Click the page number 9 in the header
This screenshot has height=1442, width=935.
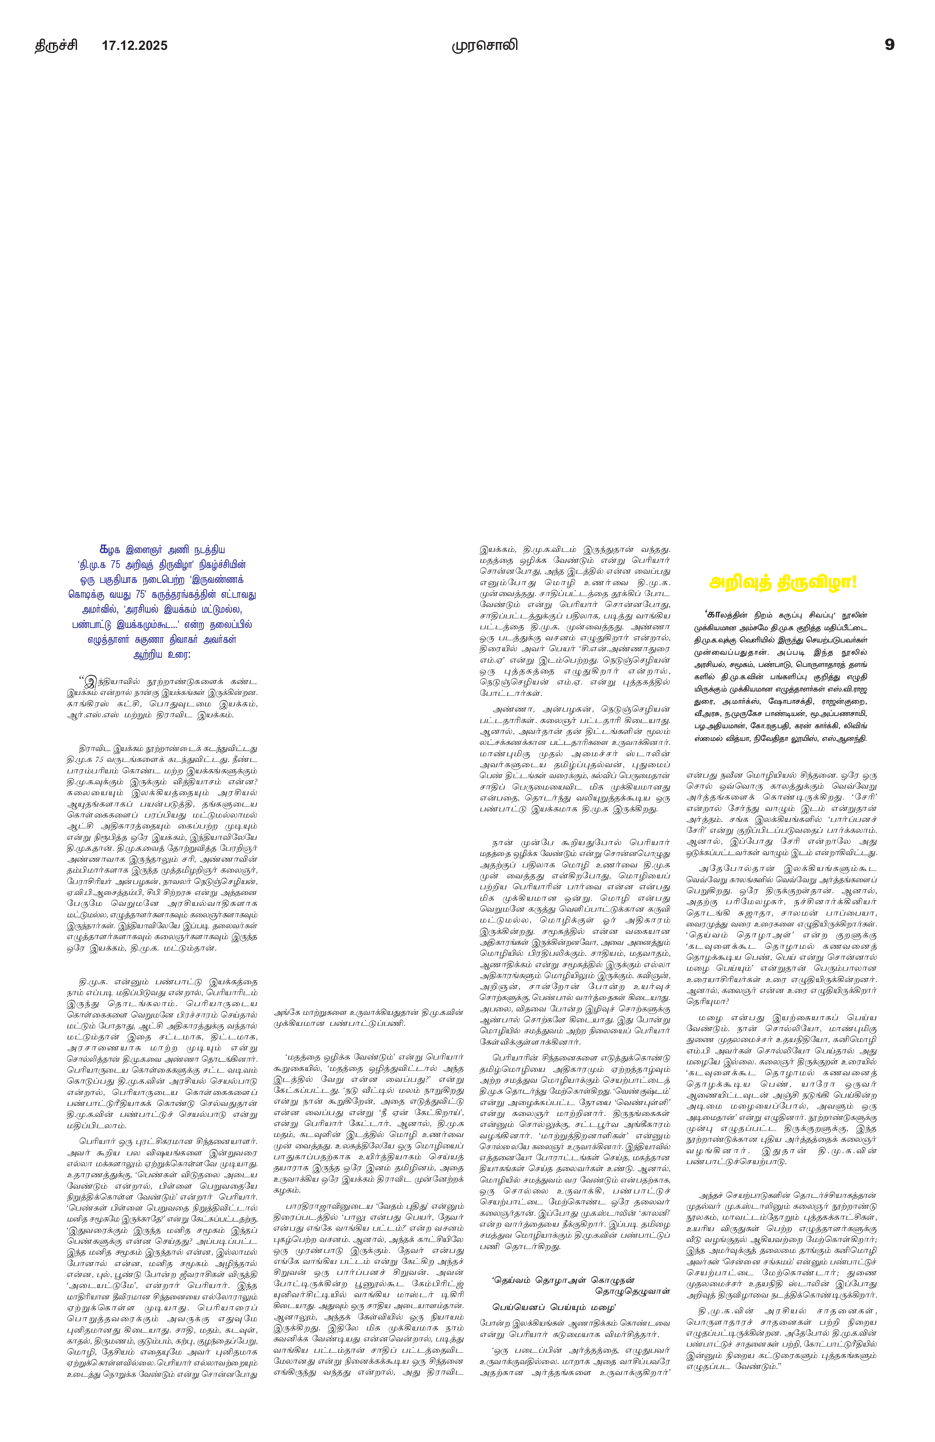click(889, 45)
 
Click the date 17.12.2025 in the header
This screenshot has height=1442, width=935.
click(134, 46)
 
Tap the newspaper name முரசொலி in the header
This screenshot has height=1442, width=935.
click(485, 46)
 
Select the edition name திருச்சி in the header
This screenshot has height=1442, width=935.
click(56, 46)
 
